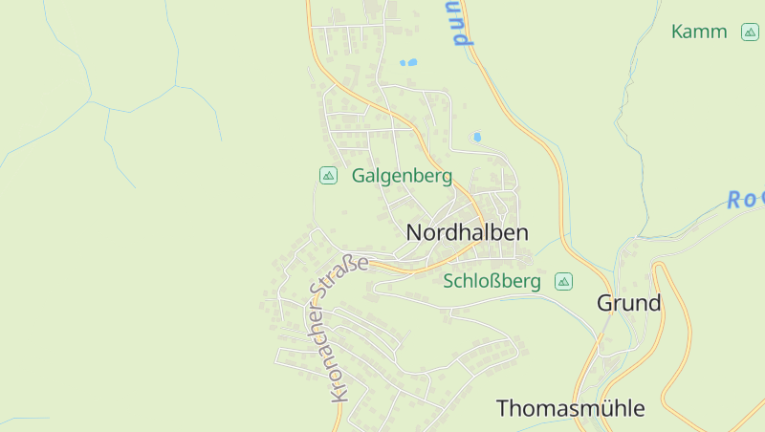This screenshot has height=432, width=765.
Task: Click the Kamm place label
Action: point(699,32)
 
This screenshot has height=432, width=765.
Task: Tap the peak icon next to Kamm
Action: point(750,32)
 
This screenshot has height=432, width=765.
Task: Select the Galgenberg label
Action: point(402,176)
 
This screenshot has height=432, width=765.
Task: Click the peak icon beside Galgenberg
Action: point(328,175)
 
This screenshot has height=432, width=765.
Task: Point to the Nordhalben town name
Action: point(467,232)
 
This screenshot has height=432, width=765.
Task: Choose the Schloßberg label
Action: point(492,281)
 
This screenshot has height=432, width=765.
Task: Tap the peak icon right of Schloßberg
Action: point(563,281)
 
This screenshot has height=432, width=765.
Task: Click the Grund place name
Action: point(628,303)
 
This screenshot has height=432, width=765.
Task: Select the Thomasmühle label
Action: point(570,408)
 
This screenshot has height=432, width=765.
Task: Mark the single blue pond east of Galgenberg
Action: point(477,138)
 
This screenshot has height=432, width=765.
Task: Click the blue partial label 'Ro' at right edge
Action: point(745,200)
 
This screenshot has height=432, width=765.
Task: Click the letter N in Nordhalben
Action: point(414,232)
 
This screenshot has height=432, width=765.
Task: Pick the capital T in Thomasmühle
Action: point(503,408)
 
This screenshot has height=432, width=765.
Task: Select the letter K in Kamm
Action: point(678,32)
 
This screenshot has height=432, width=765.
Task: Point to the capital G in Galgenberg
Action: point(359,176)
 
